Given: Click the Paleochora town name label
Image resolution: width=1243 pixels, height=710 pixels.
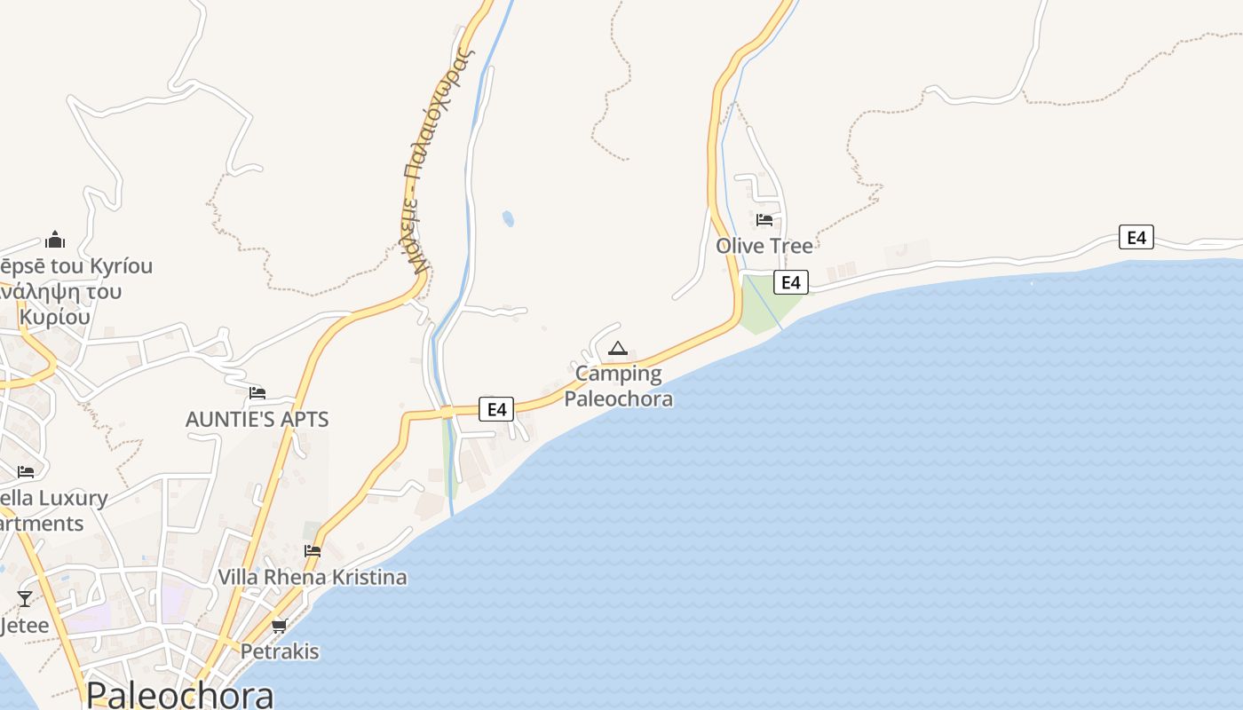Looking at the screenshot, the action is click(x=179, y=694).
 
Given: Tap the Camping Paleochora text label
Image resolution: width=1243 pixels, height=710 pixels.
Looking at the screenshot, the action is click(x=619, y=386).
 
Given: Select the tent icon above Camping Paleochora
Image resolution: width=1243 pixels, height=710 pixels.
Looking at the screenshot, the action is click(x=618, y=349).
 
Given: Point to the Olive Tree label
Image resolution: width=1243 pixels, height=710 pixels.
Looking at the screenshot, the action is click(x=764, y=245).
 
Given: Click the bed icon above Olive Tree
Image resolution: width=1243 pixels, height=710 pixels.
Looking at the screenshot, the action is click(x=764, y=220).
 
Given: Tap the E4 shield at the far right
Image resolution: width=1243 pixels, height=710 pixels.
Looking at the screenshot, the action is click(x=1136, y=237).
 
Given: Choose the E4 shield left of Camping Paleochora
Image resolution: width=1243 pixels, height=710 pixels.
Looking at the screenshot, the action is click(x=496, y=409).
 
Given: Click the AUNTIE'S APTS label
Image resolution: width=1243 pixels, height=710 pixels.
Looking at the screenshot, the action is click(x=257, y=420).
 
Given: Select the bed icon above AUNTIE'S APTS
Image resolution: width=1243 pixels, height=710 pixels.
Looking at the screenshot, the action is click(x=257, y=392).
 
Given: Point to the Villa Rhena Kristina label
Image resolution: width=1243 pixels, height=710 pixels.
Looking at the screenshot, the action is click(x=313, y=577).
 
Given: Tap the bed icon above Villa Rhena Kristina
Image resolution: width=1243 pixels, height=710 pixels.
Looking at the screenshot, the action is click(x=313, y=550).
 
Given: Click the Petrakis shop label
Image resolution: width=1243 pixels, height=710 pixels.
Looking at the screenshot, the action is click(x=280, y=651).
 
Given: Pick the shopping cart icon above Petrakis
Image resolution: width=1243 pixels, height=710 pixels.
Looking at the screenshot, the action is click(x=280, y=626).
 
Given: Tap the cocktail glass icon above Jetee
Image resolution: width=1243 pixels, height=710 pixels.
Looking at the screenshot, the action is click(x=25, y=599).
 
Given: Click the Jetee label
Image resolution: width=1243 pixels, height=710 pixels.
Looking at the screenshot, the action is click(x=24, y=626).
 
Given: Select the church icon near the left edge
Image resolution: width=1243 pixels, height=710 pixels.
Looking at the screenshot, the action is click(x=55, y=240).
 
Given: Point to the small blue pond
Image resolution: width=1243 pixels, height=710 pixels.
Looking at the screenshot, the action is click(x=508, y=218).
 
